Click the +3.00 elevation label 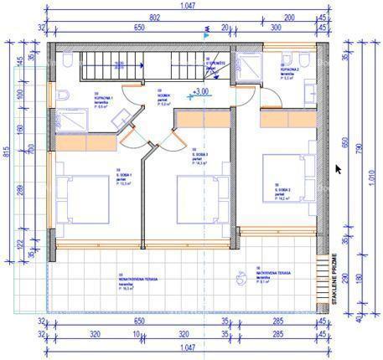[200, 90]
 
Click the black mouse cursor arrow [338, 168]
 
